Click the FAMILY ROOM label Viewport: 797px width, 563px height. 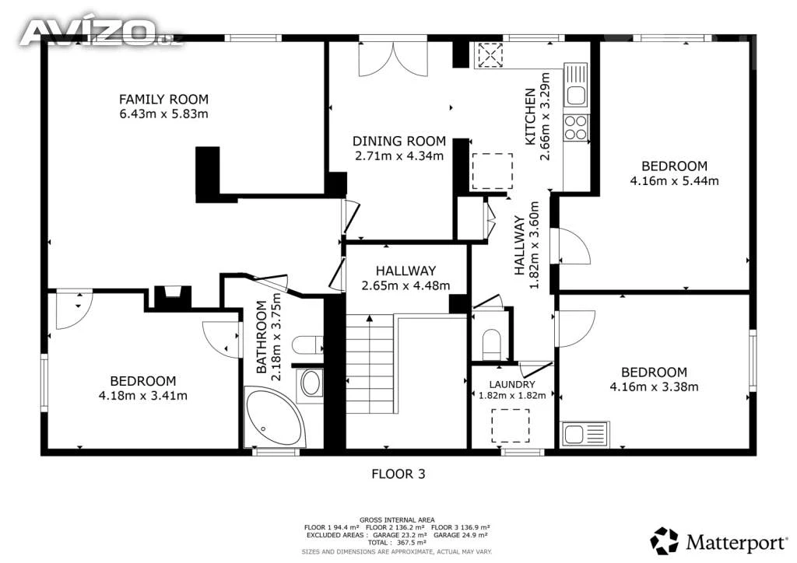163,99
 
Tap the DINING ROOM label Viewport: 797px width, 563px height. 399,141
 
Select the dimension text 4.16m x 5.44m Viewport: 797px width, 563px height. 675,180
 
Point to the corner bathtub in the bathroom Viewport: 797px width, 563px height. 275,418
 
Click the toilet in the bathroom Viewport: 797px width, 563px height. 307,344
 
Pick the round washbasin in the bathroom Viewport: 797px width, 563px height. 311,383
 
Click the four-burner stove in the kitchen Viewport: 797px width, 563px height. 576,128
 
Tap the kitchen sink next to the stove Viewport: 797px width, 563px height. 577,86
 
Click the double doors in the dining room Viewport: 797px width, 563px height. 393,59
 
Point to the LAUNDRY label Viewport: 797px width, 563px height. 512,384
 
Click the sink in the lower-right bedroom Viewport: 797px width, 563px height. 585,434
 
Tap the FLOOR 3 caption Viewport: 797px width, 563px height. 398,474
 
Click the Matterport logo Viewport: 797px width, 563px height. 718,541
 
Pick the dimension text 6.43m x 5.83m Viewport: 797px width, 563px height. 163,114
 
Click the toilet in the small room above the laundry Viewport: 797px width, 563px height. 492,343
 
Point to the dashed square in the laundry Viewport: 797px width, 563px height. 510,425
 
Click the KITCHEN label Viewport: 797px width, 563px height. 530,117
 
